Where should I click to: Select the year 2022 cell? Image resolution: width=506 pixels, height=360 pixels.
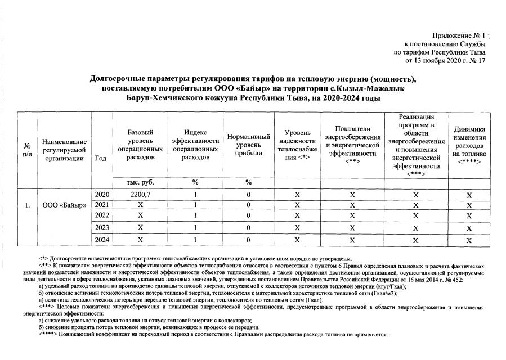point(102,215)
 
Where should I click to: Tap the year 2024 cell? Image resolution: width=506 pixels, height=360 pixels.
point(102,240)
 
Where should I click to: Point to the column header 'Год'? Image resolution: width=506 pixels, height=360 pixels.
point(101,158)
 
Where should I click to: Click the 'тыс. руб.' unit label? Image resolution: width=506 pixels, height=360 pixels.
point(140,182)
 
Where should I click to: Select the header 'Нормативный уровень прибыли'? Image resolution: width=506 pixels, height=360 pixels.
point(248,145)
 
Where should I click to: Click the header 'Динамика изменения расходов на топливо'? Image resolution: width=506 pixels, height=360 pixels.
point(469,145)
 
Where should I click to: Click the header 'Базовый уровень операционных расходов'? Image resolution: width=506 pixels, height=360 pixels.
point(140,145)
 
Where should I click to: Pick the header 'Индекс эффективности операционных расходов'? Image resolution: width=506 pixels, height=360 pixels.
point(195,145)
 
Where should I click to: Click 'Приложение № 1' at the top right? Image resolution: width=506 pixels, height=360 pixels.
point(459,35)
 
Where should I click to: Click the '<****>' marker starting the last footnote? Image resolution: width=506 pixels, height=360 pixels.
point(44,334)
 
